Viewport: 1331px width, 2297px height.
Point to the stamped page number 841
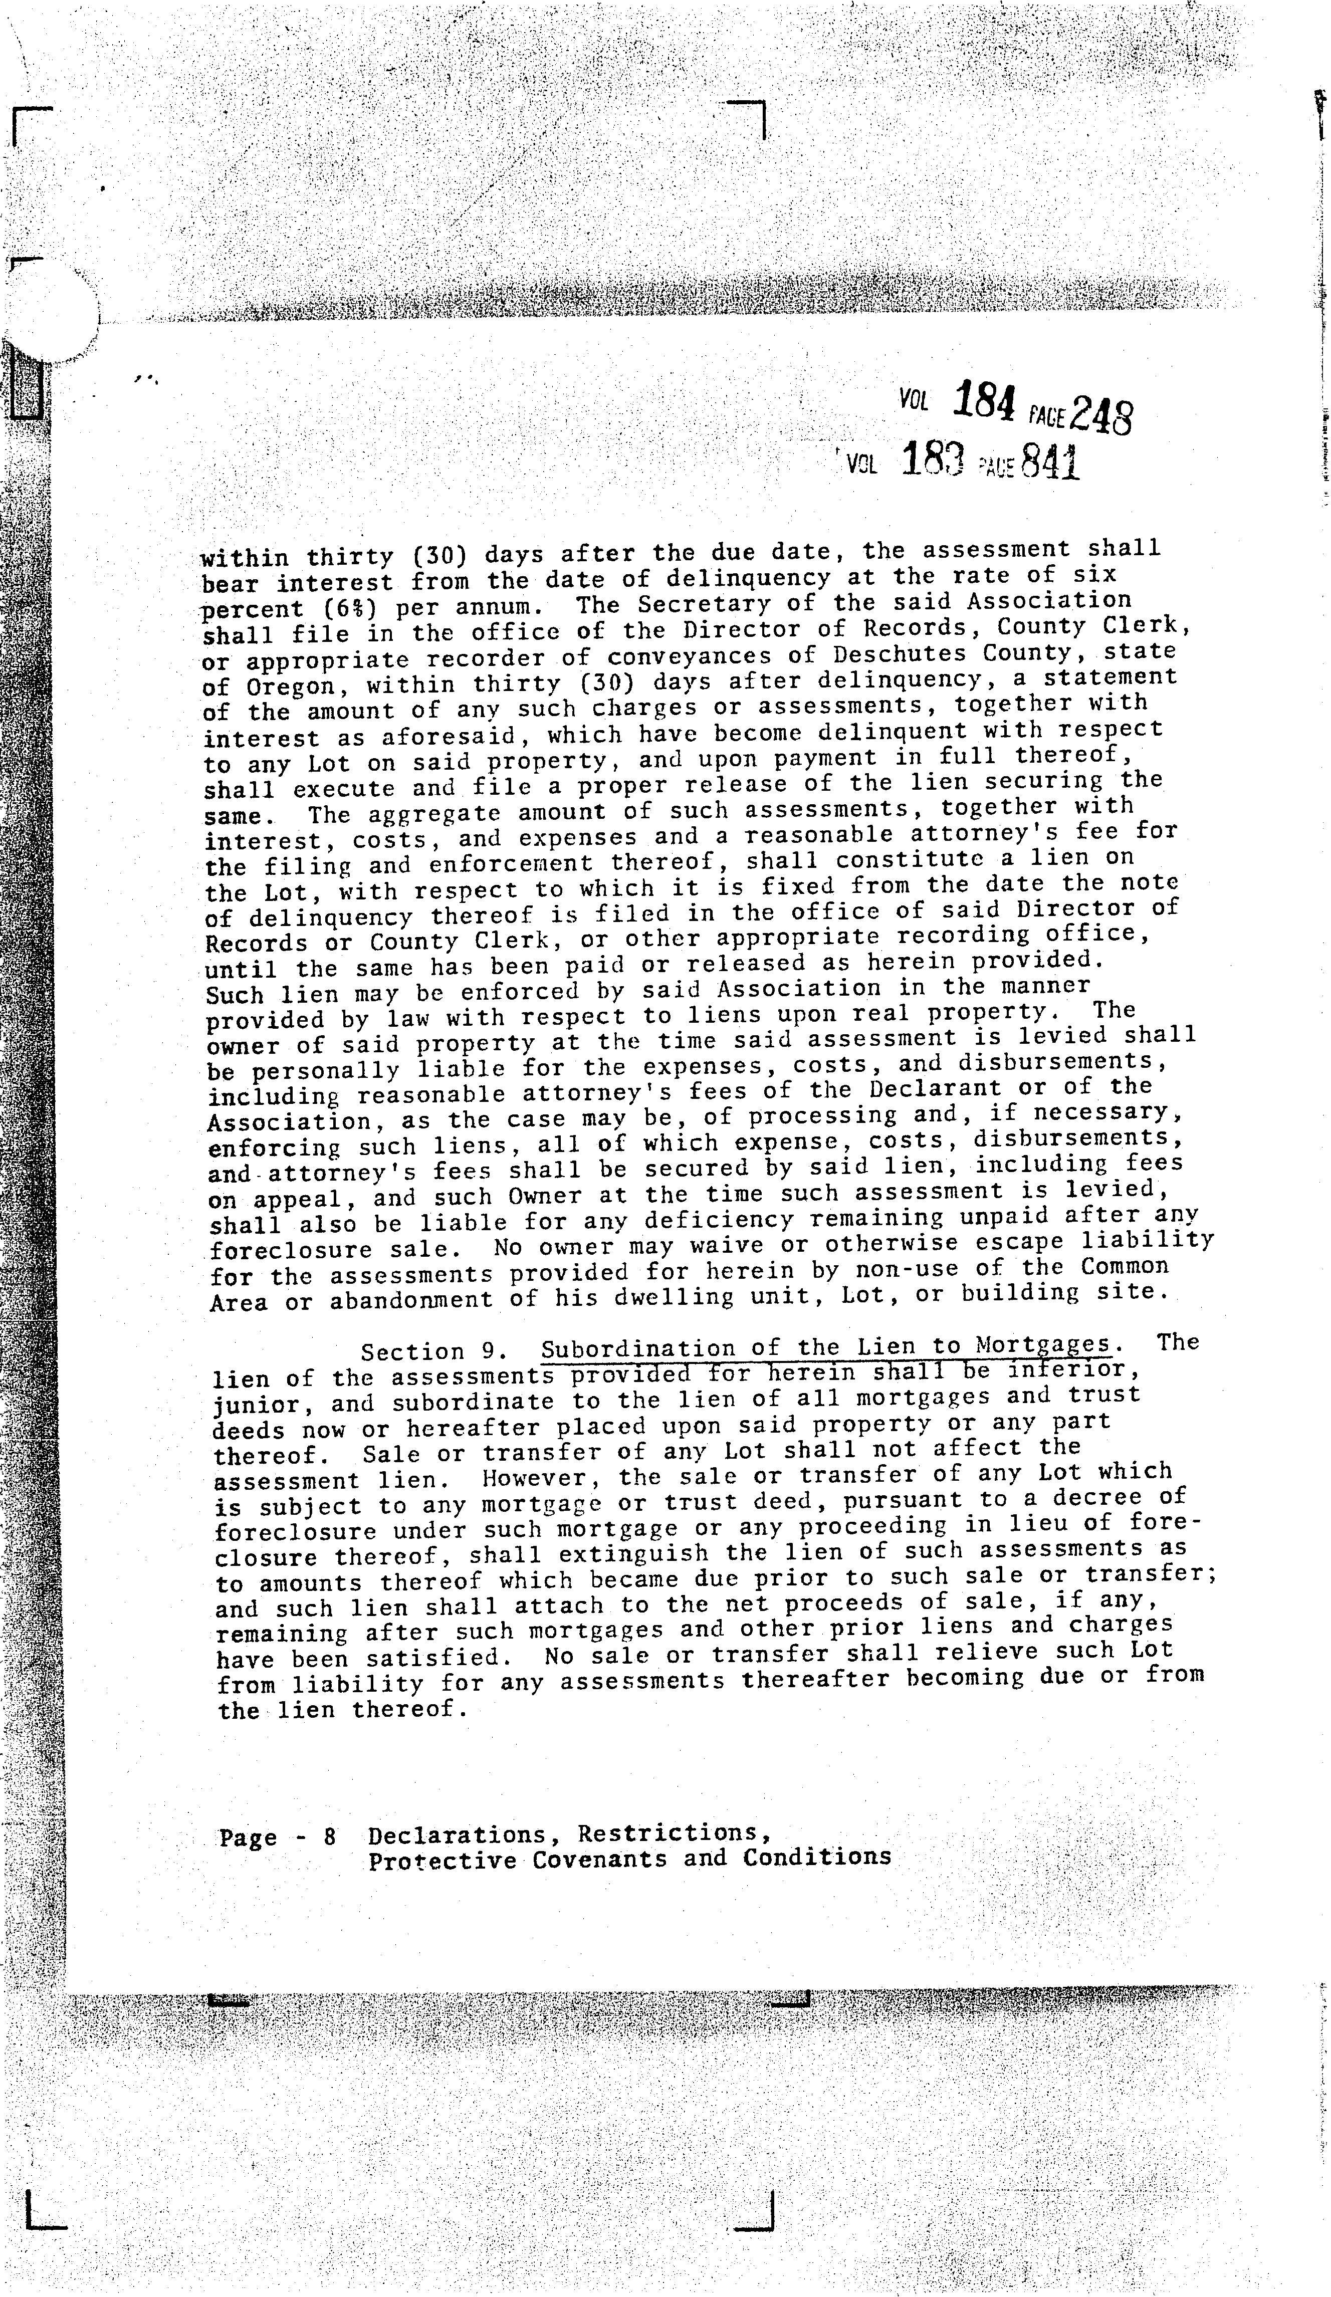click(1050, 462)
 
